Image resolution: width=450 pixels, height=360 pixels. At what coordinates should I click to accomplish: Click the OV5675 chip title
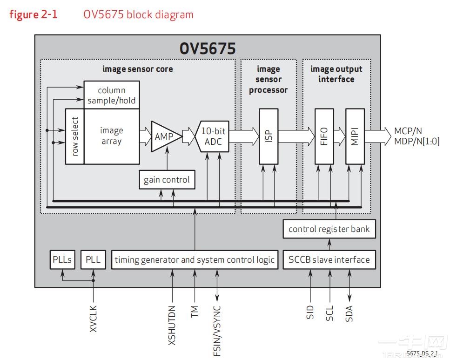(208, 48)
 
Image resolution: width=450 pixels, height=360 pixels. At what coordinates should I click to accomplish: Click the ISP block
(269, 136)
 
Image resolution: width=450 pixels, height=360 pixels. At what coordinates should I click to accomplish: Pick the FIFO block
(324, 136)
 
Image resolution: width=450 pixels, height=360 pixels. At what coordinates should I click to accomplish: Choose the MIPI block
(355, 136)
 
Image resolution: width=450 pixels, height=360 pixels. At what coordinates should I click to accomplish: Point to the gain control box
(167, 180)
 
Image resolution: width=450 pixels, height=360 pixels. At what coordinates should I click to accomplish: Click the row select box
(75, 136)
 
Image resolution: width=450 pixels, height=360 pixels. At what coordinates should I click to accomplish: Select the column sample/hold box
(112, 95)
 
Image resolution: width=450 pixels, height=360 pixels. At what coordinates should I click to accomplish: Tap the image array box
(112, 136)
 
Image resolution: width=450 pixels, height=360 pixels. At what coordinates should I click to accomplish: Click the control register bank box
(329, 229)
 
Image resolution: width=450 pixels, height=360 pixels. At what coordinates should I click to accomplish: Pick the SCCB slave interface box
(329, 259)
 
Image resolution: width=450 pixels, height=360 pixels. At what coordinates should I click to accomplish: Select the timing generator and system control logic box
(195, 259)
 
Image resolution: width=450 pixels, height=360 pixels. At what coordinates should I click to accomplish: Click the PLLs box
(62, 259)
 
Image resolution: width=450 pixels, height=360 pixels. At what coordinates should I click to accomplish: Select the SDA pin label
(349, 313)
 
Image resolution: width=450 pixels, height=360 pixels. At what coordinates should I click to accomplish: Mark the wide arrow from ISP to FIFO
(296, 136)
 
